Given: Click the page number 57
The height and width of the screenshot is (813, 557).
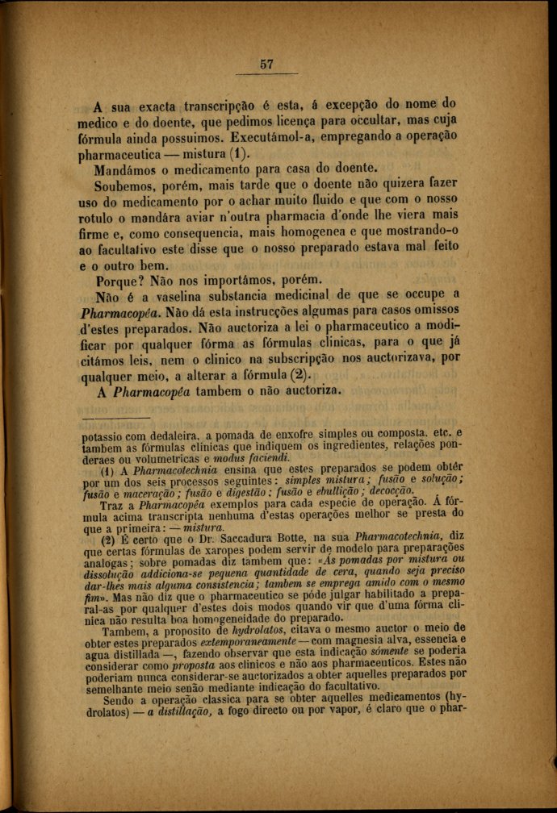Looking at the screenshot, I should coord(267,65).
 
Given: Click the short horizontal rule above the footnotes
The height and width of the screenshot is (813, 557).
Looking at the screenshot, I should coord(116,419).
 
